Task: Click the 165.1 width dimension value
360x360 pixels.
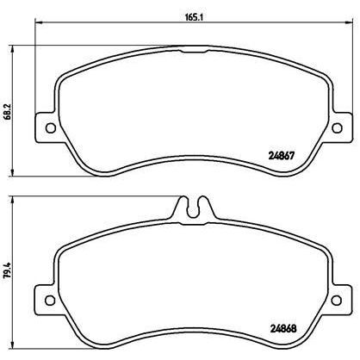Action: (194, 17)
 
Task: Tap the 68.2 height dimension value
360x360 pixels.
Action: (9, 112)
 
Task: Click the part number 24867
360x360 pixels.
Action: (282, 156)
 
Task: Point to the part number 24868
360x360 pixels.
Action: (283, 328)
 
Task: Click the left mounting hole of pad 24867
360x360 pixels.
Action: (51, 127)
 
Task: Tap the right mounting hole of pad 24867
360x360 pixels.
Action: (337, 127)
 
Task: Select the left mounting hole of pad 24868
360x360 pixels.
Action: (50, 301)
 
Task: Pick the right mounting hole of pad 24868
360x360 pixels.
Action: (336, 301)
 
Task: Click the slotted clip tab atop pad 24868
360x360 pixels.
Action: (194, 208)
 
